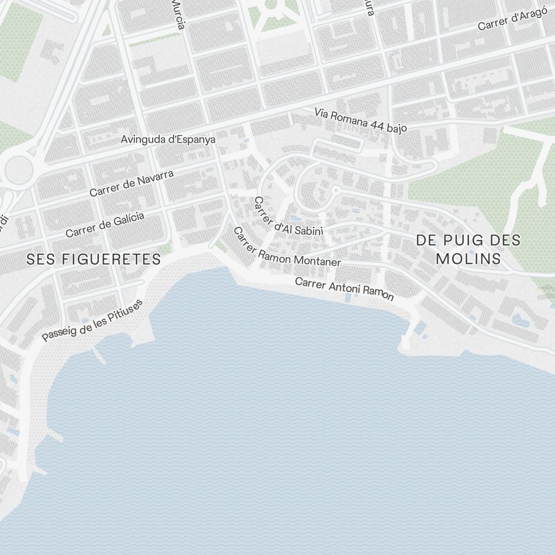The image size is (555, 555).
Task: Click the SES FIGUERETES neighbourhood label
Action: (94, 259)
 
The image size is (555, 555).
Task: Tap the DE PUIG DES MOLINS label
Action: (468, 249)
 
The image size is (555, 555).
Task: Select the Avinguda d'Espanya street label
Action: (168, 139)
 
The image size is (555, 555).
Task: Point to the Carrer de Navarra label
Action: (132, 183)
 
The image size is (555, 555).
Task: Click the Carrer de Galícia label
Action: (105, 224)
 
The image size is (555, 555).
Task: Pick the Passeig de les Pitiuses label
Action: (93, 320)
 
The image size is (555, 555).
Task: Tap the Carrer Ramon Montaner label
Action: (285, 249)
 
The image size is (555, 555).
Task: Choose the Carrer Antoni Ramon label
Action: (344, 289)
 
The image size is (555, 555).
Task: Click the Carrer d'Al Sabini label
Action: (286, 218)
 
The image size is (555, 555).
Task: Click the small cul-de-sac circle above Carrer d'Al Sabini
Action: (335, 190)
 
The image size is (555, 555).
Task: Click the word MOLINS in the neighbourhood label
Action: (468, 259)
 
